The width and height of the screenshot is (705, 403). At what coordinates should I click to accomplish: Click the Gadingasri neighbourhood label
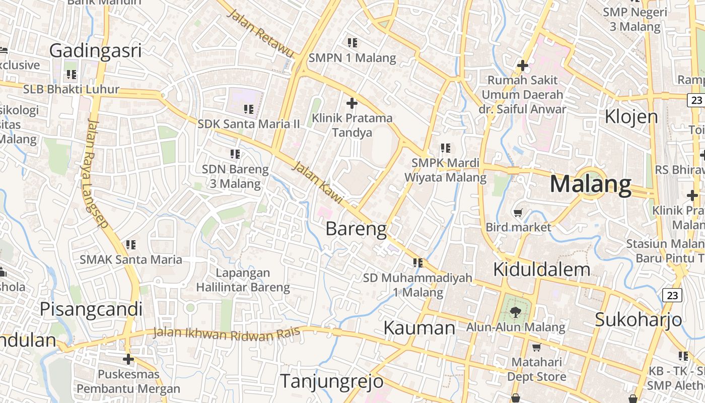point(95,51)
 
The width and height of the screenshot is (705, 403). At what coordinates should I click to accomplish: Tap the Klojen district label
point(631,116)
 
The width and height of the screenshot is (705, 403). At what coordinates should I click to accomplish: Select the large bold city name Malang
point(590,184)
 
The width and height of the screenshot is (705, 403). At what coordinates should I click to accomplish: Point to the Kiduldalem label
point(541,270)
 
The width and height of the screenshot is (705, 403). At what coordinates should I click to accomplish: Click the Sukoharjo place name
point(638,319)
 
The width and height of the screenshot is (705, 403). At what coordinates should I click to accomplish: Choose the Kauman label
point(419,328)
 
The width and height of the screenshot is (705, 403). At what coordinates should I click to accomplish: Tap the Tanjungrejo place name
point(331,381)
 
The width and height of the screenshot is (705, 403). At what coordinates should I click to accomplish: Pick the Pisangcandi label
point(91,309)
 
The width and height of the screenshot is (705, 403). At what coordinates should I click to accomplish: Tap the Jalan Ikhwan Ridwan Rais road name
point(227,333)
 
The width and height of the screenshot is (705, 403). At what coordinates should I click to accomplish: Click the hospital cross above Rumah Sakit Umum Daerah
point(523,65)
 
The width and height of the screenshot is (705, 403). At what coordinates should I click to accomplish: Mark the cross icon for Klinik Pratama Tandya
point(352,103)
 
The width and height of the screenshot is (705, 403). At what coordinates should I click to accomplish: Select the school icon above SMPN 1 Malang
point(352,43)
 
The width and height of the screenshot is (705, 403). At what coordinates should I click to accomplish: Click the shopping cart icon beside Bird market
point(518,213)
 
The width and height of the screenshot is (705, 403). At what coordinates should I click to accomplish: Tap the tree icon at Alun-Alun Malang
point(515,312)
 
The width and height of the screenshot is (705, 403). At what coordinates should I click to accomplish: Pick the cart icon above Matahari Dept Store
point(536,347)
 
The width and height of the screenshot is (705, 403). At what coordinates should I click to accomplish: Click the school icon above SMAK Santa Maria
point(131,245)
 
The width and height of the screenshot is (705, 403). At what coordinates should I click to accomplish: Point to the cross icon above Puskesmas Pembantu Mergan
point(128,359)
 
